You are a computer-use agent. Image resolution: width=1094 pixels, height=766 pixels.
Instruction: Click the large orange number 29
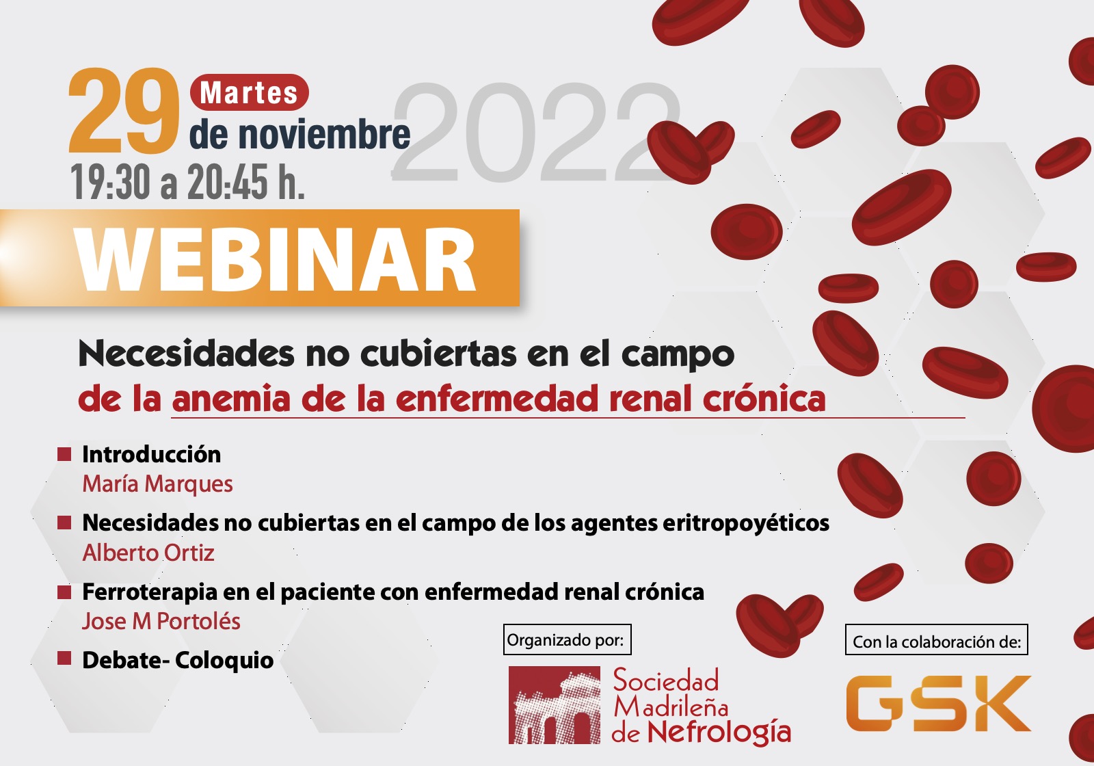[124, 110]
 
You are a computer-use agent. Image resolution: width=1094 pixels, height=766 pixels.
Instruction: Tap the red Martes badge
[249, 92]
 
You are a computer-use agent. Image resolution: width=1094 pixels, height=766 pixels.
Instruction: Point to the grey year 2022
[537, 132]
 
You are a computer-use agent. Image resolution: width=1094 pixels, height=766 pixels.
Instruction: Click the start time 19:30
[110, 182]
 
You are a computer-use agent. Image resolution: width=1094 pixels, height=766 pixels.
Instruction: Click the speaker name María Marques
[157, 484]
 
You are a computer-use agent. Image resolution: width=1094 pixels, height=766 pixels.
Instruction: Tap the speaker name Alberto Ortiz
[148, 553]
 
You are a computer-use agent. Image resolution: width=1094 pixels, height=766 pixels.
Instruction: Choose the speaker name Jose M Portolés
[161, 622]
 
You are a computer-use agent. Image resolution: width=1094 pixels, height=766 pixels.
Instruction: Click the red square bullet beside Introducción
[64, 454]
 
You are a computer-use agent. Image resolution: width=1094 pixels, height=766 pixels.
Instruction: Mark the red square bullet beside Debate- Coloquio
[64, 659]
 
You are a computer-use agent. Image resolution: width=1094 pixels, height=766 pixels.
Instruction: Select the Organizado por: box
[567, 639]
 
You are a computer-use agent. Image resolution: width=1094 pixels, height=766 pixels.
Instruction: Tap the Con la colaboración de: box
[937, 639]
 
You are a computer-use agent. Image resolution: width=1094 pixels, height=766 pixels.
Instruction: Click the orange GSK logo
[938, 704]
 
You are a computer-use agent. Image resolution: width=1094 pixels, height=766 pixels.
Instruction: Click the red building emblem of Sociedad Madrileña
[555, 705]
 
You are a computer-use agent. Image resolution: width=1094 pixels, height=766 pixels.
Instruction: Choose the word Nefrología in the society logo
[719, 732]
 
